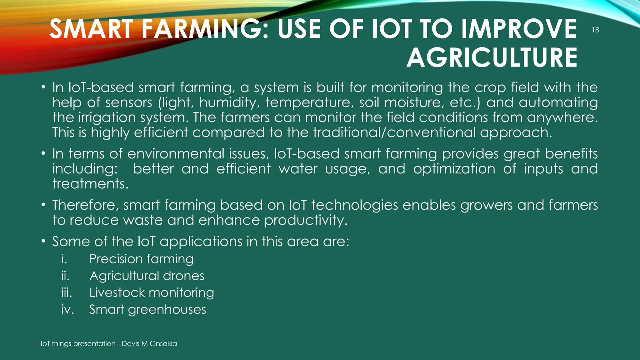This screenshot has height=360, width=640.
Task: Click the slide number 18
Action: pos(596,30)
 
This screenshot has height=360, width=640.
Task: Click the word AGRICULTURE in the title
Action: pos(492,58)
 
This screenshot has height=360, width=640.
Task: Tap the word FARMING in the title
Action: pos(204,29)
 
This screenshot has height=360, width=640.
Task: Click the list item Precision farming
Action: pos(141,259)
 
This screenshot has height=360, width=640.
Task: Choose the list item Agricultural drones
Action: pos(147,276)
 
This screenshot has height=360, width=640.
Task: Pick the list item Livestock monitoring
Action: pos(152,293)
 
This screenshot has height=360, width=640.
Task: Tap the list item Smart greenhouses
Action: pos(147,310)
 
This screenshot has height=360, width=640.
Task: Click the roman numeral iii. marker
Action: pos(67,293)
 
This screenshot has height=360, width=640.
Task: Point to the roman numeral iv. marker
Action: pos(67,310)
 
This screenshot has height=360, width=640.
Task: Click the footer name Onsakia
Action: pos(163,344)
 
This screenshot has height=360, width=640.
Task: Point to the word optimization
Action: pos(454,169)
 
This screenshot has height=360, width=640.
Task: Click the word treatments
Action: pos(90,184)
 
